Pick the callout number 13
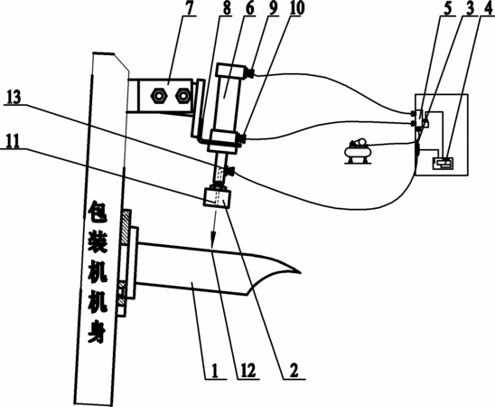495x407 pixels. point(13,98)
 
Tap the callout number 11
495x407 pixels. point(12,141)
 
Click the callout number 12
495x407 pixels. point(247,370)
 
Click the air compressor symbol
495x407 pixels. point(359,151)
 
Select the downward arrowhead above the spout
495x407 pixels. point(213,238)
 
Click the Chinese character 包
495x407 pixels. point(98,212)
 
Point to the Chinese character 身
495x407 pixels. point(97,333)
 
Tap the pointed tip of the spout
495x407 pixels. point(300,271)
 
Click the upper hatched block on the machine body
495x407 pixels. point(126,227)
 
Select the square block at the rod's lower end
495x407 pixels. point(217,198)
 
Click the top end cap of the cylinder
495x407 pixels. point(230,71)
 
